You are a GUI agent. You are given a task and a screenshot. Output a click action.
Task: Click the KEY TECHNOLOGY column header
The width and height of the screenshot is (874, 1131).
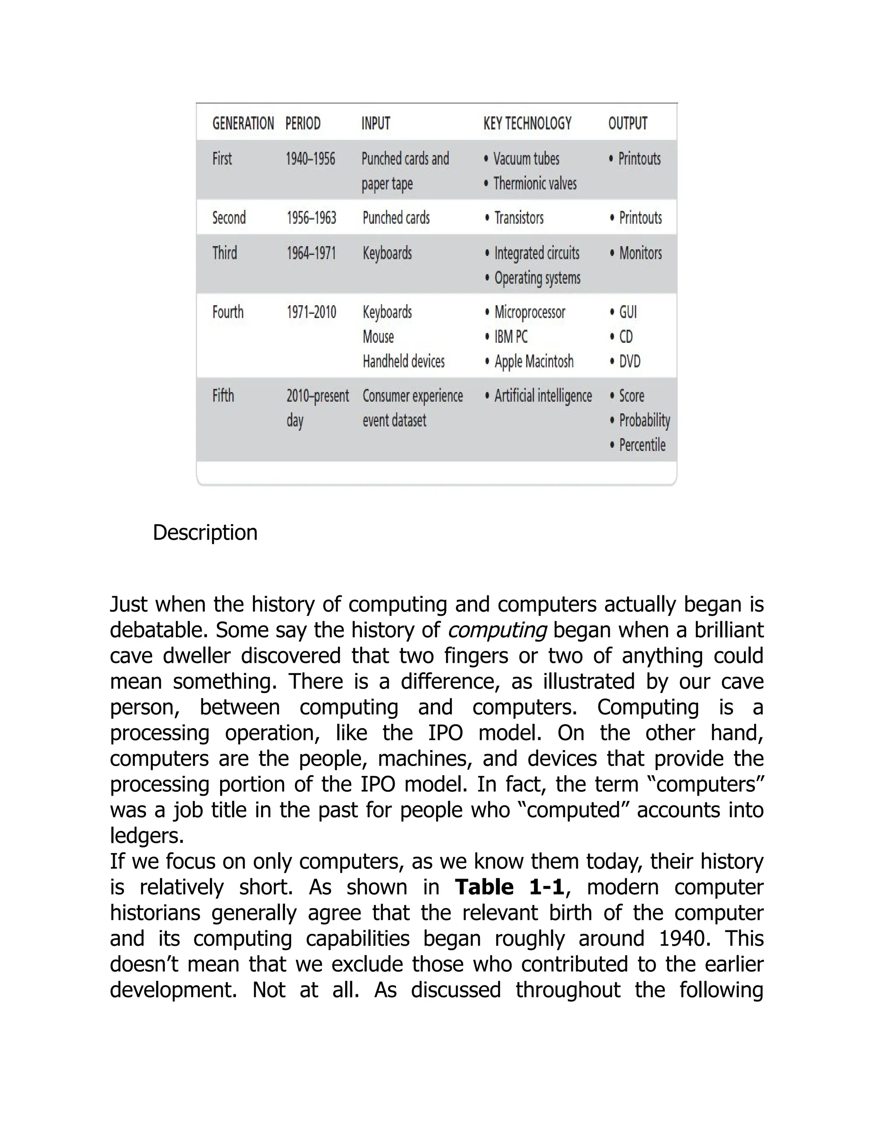527,123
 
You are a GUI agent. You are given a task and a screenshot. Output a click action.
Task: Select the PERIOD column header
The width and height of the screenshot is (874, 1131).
303,123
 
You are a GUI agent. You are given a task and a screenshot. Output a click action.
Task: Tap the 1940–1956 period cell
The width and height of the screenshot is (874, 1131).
310,158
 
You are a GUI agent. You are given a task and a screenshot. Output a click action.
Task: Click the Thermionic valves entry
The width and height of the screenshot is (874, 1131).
534,184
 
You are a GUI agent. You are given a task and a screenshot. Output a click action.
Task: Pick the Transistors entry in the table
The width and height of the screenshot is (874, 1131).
519,218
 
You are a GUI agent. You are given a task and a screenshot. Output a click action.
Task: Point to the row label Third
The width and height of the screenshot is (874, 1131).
224,253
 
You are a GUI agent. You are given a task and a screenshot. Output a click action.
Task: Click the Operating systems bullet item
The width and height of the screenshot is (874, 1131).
537,278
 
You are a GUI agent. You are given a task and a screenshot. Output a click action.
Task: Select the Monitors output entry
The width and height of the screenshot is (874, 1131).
640,253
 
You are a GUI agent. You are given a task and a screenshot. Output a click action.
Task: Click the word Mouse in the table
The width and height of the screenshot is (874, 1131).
378,337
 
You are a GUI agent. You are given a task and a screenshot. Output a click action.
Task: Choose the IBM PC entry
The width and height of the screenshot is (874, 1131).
510,337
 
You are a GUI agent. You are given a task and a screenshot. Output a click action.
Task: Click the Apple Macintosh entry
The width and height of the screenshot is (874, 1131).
533,361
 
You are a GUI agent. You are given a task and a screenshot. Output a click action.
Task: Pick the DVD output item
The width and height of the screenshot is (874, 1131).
629,361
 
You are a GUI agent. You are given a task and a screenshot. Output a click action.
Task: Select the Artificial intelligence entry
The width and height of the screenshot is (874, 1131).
543,396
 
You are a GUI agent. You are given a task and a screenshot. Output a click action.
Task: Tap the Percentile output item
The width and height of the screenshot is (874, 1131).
641,444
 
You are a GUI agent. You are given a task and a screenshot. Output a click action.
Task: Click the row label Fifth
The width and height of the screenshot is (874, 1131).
223,396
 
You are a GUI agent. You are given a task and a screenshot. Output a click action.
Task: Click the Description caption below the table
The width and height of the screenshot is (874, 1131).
205,532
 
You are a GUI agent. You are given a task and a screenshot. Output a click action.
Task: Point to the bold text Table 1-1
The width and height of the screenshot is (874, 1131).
509,887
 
